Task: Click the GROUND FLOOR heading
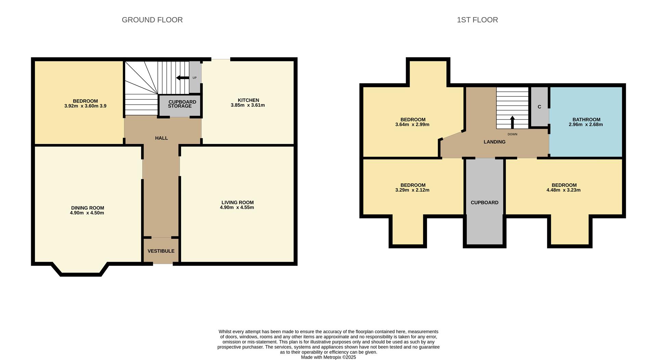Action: click(x=152, y=20)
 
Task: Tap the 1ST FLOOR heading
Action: click(x=477, y=20)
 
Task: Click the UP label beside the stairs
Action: click(x=194, y=78)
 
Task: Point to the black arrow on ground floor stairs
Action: click(x=182, y=78)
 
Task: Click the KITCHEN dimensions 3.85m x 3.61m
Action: click(x=247, y=105)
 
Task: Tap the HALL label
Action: click(x=161, y=138)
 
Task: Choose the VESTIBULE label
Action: click(x=161, y=251)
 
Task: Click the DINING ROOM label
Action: click(x=87, y=208)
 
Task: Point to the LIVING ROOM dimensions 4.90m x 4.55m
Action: click(x=237, y=207)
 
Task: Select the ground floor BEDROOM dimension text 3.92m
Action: click(x=71, y=106)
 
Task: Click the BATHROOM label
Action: click(x=586, y=119)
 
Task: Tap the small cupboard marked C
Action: click(x=539, y=107)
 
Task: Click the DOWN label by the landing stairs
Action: click(x=512, y=134)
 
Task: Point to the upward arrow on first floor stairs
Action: click(x=512, y=122)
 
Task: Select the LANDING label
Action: click(x=494, y=142)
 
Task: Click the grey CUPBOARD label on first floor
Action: click(x=484, y=203)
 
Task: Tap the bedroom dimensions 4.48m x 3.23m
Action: click(x=563, y=190)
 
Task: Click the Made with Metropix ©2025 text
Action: click(x=328, y=357)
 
